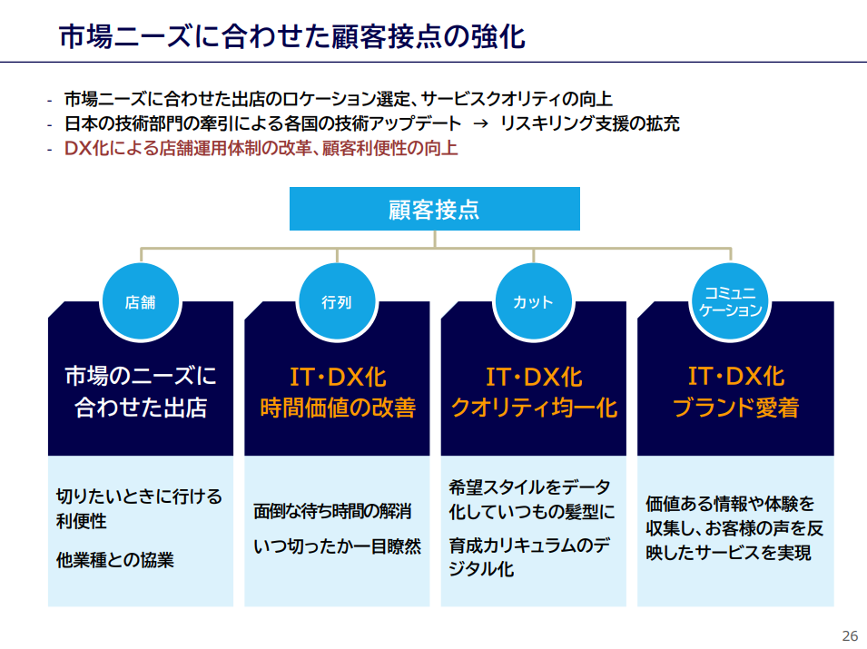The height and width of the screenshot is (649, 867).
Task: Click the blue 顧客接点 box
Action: tap(435, 209)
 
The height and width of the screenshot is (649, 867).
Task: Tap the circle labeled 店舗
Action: tap(141, 302)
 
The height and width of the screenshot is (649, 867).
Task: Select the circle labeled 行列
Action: tap(337, 302)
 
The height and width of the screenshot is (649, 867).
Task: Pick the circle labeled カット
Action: tap(534, 302)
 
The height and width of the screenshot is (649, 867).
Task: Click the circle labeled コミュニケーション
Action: tap(731, 302)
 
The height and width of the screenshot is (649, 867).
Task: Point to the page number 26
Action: tap(850, 635)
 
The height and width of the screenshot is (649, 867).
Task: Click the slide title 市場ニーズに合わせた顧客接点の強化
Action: tap(292, 36)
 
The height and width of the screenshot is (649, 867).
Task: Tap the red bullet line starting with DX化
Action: tap(261, 148)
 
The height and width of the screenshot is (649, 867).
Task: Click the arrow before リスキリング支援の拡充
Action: tap(480, 123)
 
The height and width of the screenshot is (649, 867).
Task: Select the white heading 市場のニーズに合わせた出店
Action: tap(141, 391)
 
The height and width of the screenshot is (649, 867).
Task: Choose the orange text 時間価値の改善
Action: tap(338, 408)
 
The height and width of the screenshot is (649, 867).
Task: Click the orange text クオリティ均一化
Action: tap(534, 408)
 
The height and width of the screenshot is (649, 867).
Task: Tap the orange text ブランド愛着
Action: tap(735, 408)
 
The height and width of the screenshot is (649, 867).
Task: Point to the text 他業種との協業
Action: tap(115, 560)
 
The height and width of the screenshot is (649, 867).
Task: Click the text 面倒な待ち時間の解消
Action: tap(332, 511)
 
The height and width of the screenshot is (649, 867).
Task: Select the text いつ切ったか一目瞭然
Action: tap(338, 546)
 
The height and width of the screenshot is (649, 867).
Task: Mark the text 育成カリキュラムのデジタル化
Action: tap(529, 556)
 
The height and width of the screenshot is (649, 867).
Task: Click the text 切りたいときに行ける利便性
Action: tap(139, 508)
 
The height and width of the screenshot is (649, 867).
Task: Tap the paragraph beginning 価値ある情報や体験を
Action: tap(734, 528)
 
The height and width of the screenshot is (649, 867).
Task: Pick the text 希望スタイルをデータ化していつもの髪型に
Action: tap(531, 499)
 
